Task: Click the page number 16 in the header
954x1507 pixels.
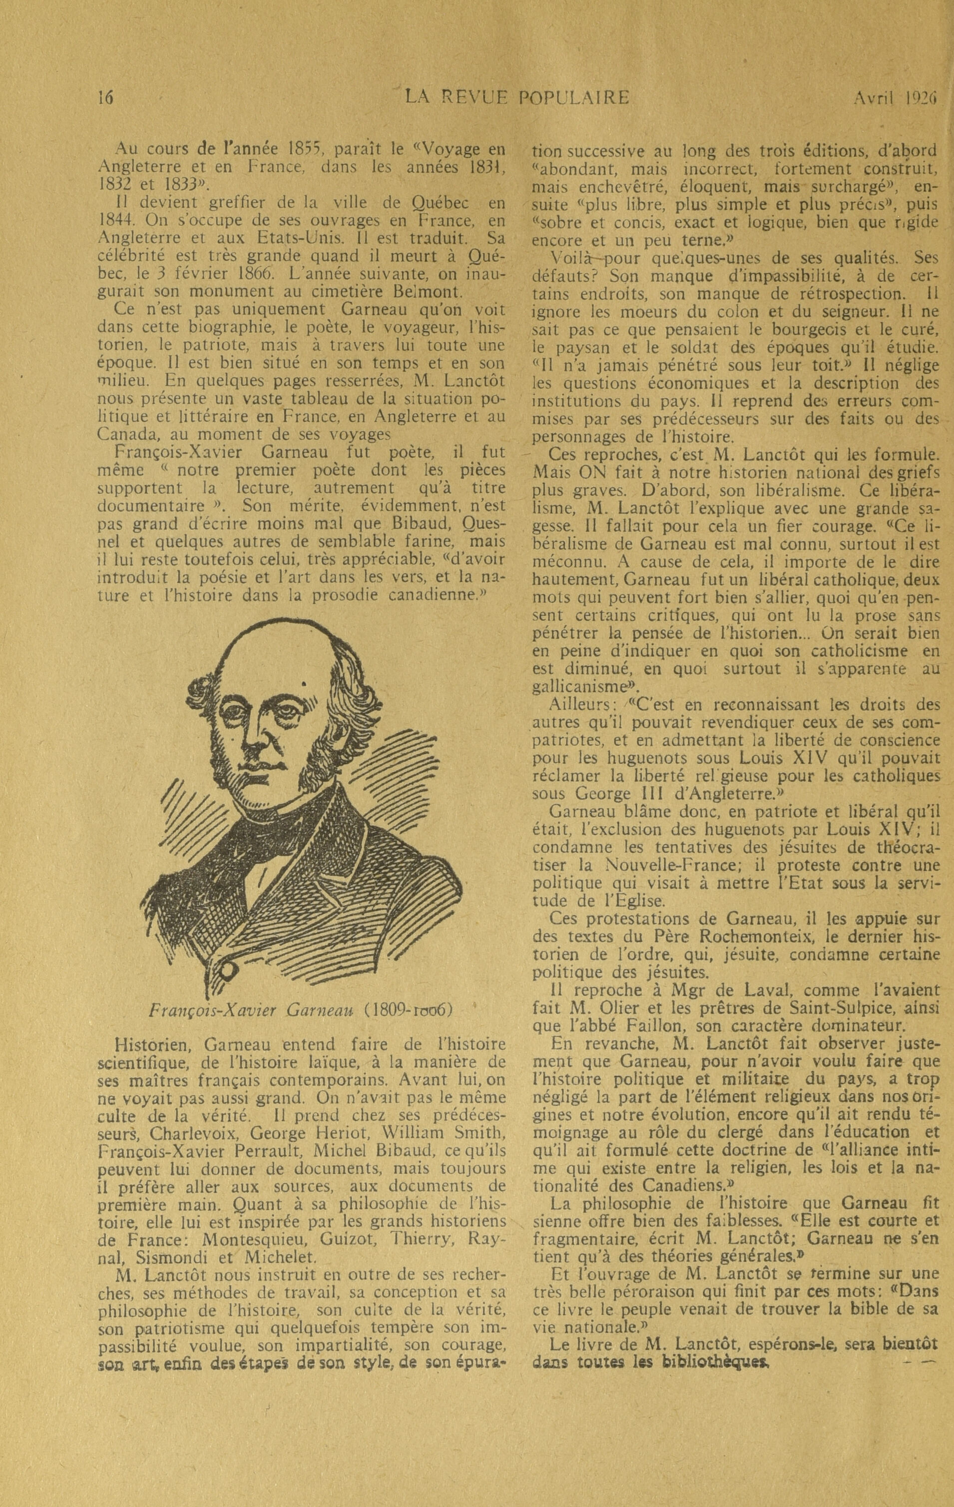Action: click(106, 98)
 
